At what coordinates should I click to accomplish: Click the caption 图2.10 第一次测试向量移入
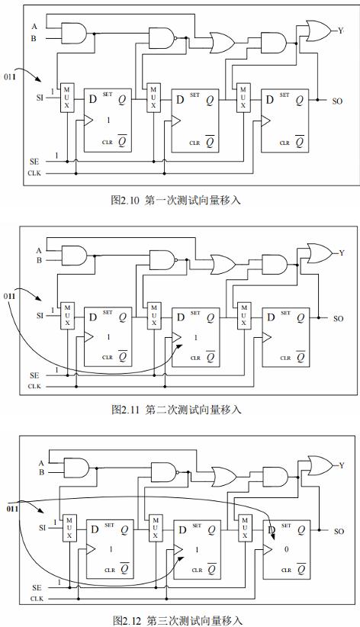click(x=175, y=200)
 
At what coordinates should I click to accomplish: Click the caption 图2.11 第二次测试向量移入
click(x=176, y=410)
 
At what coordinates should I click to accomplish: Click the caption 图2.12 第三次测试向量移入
click(x=177, y=621)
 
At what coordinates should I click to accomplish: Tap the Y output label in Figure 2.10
click(x=341, y=31)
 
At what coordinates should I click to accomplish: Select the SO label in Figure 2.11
click(x=339, y=319)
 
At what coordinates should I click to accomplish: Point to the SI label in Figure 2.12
click(x=43, y=528)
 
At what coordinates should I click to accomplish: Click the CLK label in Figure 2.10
click(x=34, y=173)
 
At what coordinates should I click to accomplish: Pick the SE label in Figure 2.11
click(x=34, y=375)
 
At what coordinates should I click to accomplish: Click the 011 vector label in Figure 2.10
click(x=10, y=77)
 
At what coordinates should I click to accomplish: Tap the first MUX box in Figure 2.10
click(x=67, y=98)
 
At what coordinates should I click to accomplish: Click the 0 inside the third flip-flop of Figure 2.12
click(x=287, y=549)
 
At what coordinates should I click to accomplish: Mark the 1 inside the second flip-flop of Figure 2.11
click(x=196, y=338)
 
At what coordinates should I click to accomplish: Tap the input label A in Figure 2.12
click(x=41, y=464)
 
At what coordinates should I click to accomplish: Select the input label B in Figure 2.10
click(x=34, y=38)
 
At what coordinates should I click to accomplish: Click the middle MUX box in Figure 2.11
click(x=154, y=316)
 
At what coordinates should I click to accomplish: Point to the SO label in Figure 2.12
click(x=339, y=532)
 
